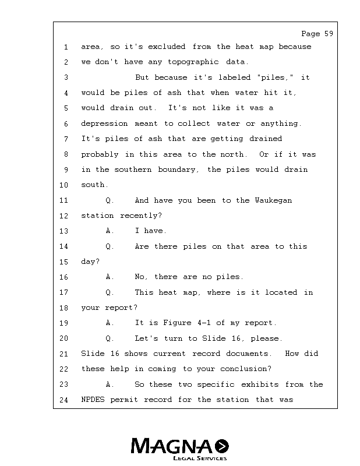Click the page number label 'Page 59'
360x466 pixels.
(x=317, y=34)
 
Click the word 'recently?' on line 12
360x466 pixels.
(x=141, y=216)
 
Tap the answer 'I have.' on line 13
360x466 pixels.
(x=151, y=231)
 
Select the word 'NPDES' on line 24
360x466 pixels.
(x=93, y=400)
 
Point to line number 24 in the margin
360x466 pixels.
(x=64, y=400)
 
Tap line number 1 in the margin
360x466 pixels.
(x=66, y=47)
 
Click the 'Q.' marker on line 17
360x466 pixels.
(x=110, y=292)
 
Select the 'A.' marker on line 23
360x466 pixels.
(x=110, y=384)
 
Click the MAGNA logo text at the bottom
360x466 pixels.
(x=172, y=446)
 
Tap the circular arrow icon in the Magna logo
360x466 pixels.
(x=222, y=446)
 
